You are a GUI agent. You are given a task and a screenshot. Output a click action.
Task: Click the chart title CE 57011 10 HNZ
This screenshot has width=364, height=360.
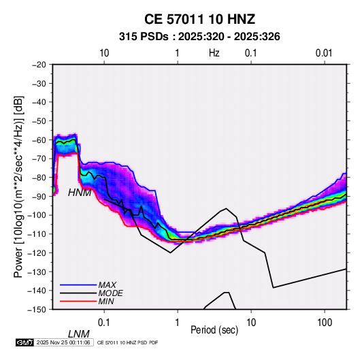point(199,19)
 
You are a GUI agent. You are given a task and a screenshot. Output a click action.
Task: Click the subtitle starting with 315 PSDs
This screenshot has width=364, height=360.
point(199,37)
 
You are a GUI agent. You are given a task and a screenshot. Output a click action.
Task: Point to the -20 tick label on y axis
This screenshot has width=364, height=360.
point(39,65)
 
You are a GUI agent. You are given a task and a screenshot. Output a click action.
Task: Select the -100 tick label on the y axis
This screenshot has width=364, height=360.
point(37,215)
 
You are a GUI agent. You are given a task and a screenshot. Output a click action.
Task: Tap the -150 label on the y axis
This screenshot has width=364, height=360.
point(37,310)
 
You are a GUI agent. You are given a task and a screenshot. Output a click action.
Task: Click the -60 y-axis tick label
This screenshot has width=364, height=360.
point(39,140)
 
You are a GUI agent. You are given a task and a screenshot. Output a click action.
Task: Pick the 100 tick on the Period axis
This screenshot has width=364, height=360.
point(325,322)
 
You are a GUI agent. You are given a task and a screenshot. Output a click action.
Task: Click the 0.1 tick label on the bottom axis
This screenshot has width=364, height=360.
point(104,322)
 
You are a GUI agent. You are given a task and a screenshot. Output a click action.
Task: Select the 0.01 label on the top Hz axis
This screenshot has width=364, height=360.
point(324,53)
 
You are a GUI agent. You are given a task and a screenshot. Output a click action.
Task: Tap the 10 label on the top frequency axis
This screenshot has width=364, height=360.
point(104,53)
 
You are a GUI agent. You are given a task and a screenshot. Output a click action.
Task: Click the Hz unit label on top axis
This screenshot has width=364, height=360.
point(214,53)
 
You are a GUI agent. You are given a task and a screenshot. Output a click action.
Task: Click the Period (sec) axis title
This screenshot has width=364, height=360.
point(214,330)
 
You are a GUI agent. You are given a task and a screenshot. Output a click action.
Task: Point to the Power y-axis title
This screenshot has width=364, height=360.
point(18,186)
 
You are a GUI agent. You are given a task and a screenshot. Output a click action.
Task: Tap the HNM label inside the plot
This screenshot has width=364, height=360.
point(80,193)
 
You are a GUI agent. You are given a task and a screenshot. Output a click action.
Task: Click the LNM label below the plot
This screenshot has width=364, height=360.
point(79,334)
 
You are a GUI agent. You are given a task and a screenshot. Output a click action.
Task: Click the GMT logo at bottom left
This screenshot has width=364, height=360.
point(25,342)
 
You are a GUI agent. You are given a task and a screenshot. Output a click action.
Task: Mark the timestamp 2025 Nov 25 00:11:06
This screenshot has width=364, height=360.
point(63,342)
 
